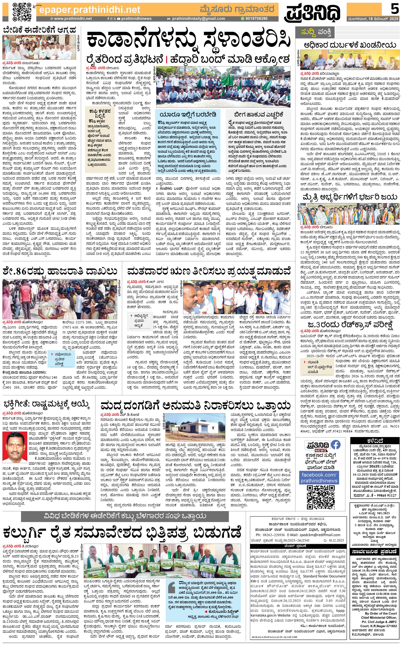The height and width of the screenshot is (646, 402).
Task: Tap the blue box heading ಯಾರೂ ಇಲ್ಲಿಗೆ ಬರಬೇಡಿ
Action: point(188,115)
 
